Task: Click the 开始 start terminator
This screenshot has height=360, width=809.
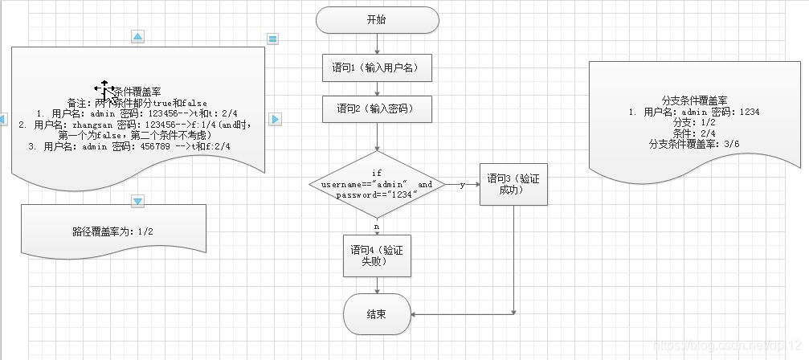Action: pyautogui.click(x=378, y=20)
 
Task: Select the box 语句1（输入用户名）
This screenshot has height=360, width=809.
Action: pyautogui.click(x=377, y=68)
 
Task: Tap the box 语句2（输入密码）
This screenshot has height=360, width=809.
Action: pyautogui.click(x=377, y=108)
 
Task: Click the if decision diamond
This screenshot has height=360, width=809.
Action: pyautogui.click(x=376, y=185)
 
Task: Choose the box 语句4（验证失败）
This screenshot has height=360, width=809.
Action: pyautogui.click(x=376, y=256)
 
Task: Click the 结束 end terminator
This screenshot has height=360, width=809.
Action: pyautogui.click(x=376, y=313)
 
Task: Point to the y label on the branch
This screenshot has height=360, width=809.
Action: pyautogui.click(x=462, y=185)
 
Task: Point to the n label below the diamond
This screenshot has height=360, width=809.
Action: pyautogui.click(x=376, y=227)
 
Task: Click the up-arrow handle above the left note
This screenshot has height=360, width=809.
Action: pyautogui.click(x=137, y=37)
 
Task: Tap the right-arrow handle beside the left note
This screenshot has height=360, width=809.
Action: pyautogui.click(x=274, y=119)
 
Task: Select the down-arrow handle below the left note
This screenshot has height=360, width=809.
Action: pyautogui.click(x=137, y=200)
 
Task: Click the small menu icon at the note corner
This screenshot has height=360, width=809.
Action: pyautogui.click(x=272, y=39)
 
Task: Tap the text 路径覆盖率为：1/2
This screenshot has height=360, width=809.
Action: pyautogui.click(x=112, y=231)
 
